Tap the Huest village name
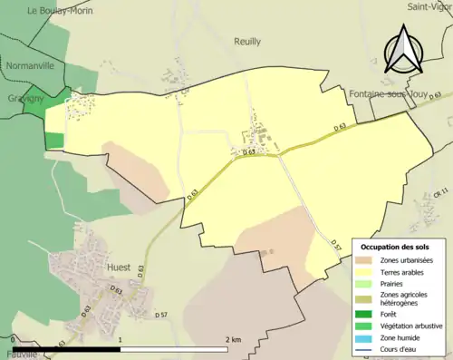118,268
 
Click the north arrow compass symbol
405,50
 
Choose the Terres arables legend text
405,273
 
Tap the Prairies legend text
395,284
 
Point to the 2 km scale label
233,338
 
